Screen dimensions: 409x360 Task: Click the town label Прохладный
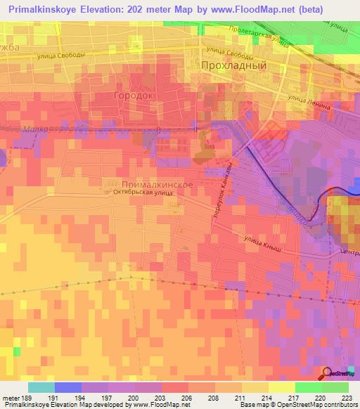tap(233, 65)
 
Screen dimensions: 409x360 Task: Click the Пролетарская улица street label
tap(259, 37)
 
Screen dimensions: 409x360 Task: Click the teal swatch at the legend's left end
tap(41, 387)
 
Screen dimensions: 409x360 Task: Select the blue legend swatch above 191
tap(67, 387)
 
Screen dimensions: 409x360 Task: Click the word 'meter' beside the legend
tap(10, 397)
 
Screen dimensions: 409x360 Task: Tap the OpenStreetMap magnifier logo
tap(328, 373)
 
